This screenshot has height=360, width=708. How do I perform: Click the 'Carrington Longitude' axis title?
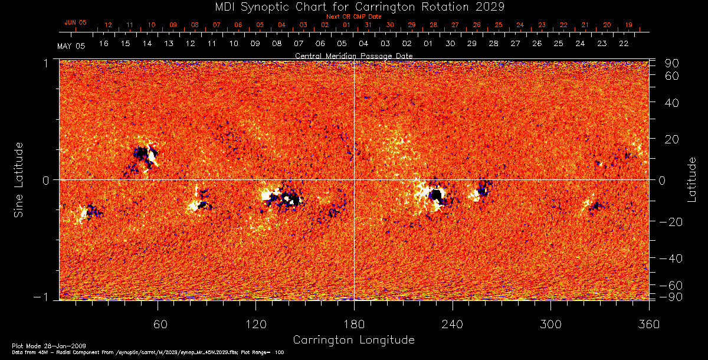[353, 340]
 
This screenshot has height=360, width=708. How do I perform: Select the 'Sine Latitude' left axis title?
[19, 179]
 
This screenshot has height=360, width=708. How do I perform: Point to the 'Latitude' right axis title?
[691, 179]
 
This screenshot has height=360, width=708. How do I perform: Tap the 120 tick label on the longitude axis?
[255, 325]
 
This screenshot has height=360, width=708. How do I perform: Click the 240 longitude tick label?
[453, 325]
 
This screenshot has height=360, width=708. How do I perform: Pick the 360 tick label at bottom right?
[648, 325]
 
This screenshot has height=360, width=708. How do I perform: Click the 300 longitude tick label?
[550, 325]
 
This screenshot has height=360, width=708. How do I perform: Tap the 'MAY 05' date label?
[71, 46]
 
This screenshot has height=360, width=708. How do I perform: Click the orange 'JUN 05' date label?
[75, 22]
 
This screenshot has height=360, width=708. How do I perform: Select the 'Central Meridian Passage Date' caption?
[353, 55]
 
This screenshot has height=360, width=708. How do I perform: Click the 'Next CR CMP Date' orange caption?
[353, 17]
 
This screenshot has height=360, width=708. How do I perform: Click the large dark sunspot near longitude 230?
[437, 195]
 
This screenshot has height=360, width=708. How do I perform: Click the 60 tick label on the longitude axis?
[158, 325]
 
